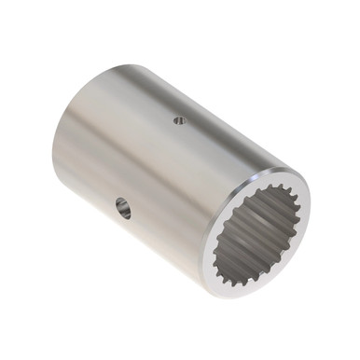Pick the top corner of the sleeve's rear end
tap(121, 64)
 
